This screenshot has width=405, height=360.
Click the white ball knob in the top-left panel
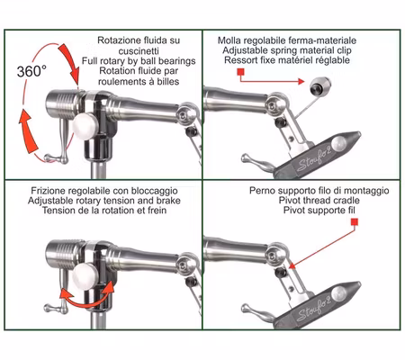88,126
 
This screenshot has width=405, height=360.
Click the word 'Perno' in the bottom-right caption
266,192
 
